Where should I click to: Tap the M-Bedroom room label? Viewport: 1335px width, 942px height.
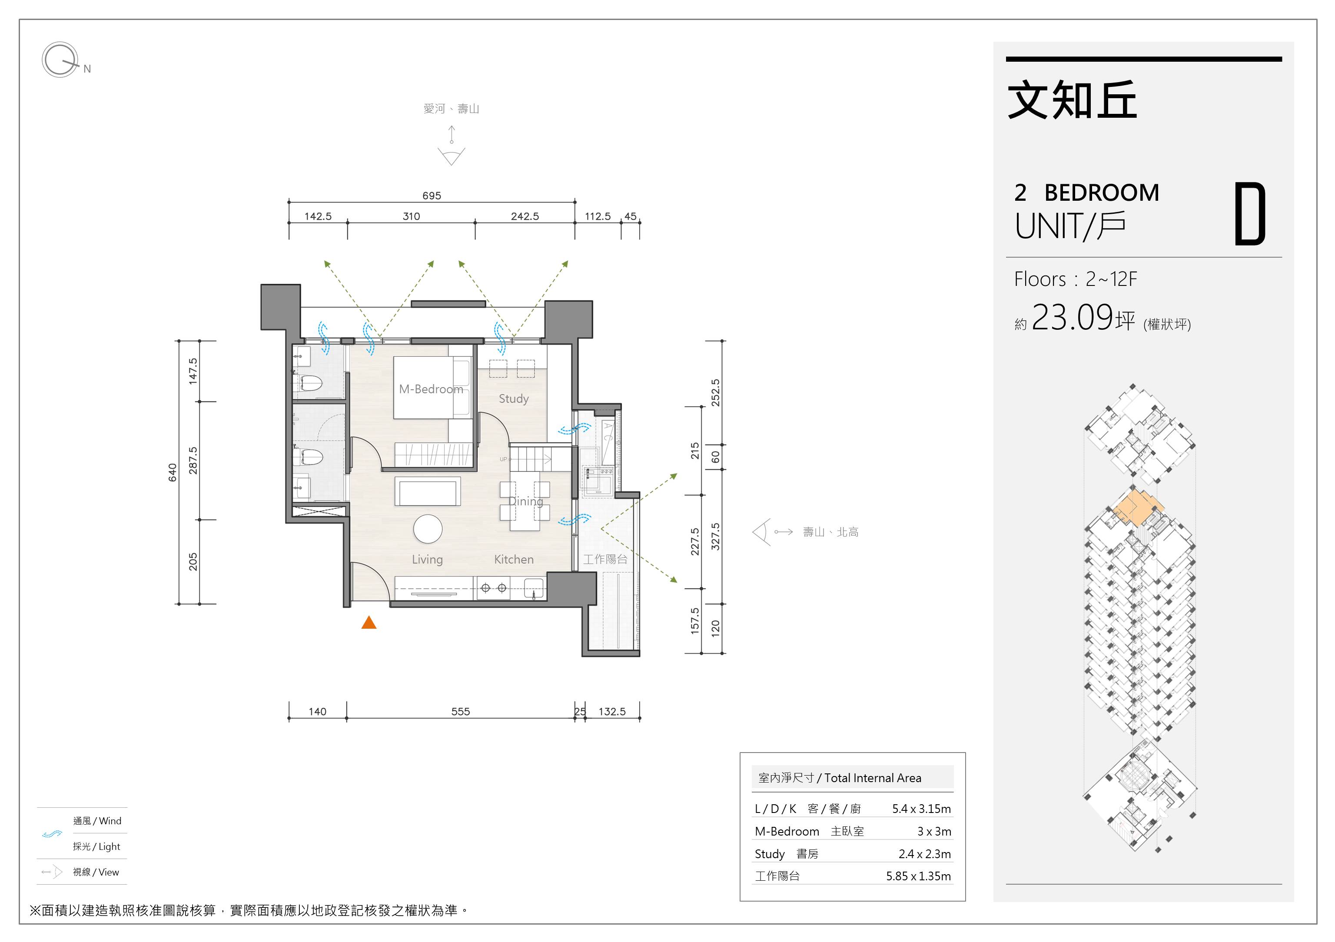(431, 389)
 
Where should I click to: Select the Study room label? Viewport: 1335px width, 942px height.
(513, 399)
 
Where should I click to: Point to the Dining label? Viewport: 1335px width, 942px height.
(526, 501)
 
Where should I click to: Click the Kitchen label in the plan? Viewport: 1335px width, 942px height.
(513, 559)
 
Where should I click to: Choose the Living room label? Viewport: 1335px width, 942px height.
(427, 559)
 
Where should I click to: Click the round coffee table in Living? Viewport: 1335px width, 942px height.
(428, 529)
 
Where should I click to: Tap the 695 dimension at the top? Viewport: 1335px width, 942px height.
(432, 196)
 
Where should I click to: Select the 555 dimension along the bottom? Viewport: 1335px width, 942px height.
(461, 711)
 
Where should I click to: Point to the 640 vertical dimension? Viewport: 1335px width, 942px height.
(172, 472)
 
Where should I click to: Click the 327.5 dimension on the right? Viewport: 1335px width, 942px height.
(715, 537)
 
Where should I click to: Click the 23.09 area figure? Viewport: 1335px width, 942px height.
(1072, 318)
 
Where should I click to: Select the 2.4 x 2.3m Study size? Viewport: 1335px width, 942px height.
(924, 854)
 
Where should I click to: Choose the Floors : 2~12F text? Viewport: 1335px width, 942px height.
(1075, 279)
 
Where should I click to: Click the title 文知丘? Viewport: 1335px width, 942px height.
(1072, 100)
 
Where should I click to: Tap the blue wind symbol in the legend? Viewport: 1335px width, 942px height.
(52, 834)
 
